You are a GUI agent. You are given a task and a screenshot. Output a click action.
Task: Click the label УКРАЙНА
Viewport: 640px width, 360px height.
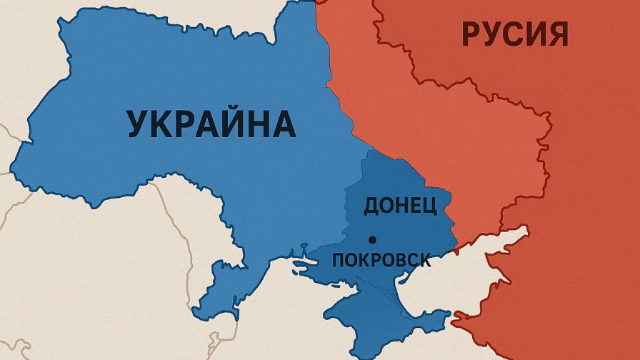(211, 123)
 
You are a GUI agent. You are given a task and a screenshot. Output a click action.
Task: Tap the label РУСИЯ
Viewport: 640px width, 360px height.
(514, 34)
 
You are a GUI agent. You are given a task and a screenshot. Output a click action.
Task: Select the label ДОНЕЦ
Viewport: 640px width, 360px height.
(400, 206)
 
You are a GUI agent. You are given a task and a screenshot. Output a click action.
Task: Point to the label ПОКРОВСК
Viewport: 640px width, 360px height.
(381, 259)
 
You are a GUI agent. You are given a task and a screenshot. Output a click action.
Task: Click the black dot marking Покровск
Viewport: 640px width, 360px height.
(371, 239)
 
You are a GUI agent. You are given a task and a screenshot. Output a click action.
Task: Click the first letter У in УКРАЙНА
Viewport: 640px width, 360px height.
(139, 123)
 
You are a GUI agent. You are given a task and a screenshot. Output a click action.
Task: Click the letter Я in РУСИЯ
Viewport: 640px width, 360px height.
(557, 34)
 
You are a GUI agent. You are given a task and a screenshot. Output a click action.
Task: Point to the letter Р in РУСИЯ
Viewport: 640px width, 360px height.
(471, 34)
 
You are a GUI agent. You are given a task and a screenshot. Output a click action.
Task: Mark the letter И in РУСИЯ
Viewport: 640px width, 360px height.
(535, 34)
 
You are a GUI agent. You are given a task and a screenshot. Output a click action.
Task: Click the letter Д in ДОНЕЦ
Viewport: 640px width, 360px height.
(372, 206)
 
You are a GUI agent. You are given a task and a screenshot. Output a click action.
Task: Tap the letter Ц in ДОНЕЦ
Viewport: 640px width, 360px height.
(429, 206)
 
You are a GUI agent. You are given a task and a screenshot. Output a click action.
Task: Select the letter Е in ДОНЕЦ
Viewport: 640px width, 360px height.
(415, 206)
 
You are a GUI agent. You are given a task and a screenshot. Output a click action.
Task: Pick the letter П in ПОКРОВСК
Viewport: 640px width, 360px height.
(339, 259)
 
